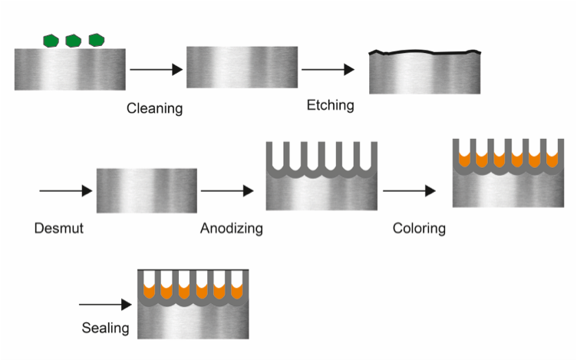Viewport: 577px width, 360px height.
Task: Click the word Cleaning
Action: click(154, 108)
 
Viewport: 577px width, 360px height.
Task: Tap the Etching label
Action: click(330, 105)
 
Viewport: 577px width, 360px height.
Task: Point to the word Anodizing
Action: click(231, 228)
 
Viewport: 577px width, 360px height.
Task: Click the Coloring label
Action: click(419, 228)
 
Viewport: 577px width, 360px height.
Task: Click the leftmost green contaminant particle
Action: click(51, 40)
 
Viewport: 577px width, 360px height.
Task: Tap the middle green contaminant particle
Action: click(73, 40)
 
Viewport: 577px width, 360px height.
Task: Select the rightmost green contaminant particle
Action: click(96, 39)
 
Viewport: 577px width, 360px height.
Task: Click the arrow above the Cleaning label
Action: click(156, 70)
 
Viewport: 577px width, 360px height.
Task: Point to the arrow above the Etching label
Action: click(328, 70)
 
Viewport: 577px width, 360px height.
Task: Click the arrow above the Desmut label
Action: click(64, 190)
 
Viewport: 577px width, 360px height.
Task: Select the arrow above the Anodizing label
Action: click(227, 190)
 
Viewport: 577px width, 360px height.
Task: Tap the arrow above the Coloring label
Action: click(410, 190)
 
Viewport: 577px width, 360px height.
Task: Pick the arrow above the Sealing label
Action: click(105, 305)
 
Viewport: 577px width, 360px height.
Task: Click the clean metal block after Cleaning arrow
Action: click(242, 68)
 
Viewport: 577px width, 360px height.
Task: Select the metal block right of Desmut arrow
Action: click(147, 190)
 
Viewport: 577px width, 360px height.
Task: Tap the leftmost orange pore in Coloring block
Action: click(463, 160)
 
